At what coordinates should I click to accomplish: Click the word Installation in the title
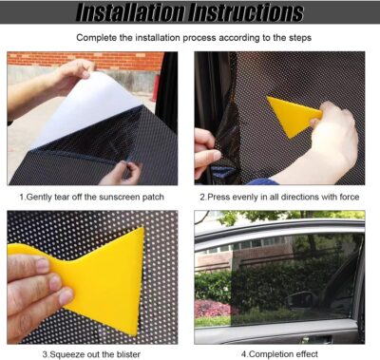pos(133,13)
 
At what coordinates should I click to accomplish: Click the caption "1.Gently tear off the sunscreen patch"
pos(91,197)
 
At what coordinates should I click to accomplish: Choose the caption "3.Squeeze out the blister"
pos(92,354)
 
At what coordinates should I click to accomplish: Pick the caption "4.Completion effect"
pos(280,354)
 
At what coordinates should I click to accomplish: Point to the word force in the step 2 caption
pos(351,197)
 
